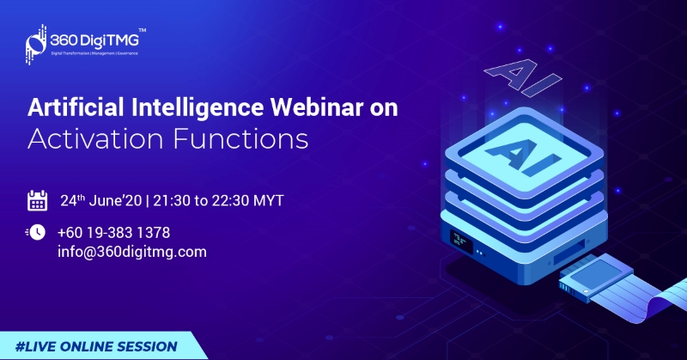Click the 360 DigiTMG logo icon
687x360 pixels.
pos(36,45)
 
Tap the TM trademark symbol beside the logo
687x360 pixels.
pos(143,31)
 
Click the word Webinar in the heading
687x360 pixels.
pos(316,107)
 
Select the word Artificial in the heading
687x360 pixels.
pos(76,107)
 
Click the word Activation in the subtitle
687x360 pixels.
pos(95,139)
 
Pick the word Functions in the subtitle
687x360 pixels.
pos(241,139)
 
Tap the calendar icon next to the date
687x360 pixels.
pos(37,200)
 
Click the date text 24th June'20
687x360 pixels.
pos(101,200)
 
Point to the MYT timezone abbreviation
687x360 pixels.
pos(269,201)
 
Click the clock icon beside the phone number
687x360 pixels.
pos(36,232)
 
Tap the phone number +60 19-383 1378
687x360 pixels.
pos(113,232)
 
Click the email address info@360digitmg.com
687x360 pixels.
pos(132,252)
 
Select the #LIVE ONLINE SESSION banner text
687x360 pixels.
pos(96,346)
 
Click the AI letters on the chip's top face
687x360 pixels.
pos(524,156)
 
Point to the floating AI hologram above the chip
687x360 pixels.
pos(523,77)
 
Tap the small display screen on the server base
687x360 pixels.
pos(461,241)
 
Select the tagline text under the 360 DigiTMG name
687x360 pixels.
pos(94,53)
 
